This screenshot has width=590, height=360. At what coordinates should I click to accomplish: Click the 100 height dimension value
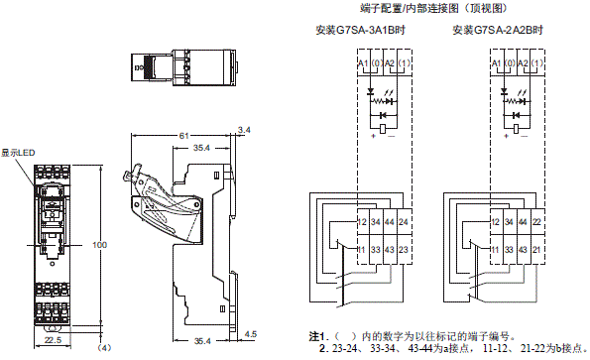[100, 245]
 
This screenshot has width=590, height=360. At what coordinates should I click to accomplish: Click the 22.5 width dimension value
[53, 340]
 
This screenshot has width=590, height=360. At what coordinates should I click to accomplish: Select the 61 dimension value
[184, 136]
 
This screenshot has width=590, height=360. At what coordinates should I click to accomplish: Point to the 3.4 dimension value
[244, 130]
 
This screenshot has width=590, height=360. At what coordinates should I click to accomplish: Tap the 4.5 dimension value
[251, 334]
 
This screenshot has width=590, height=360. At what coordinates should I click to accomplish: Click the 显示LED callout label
[18, 153]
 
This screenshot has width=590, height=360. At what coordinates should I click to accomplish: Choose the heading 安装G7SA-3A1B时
[361, 30]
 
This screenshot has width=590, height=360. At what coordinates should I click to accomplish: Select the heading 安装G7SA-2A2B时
[498, 30]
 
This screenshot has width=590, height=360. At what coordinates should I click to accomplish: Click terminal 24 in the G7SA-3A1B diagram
[404, 222]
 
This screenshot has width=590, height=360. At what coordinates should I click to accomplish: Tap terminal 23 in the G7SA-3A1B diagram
[404, 249]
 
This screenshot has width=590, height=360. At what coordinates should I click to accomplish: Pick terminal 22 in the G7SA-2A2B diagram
[536, 222]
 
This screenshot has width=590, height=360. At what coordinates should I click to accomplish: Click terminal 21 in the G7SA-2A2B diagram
[536, 249]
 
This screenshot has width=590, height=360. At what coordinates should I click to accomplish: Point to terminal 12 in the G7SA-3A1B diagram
[362, 222]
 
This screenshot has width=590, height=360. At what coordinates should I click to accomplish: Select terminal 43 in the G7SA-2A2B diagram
[523, 249]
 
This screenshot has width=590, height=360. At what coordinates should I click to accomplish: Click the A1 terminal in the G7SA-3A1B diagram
[363, 63]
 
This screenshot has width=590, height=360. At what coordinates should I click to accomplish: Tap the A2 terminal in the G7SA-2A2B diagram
[523, 63]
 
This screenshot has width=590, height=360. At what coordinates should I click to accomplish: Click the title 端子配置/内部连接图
[410, 8]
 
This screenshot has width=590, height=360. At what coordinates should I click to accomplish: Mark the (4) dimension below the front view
[104, 348]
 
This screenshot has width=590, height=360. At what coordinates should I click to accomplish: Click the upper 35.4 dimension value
[201, 148]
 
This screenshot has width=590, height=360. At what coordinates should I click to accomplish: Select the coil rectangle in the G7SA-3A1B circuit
[383, 128]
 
